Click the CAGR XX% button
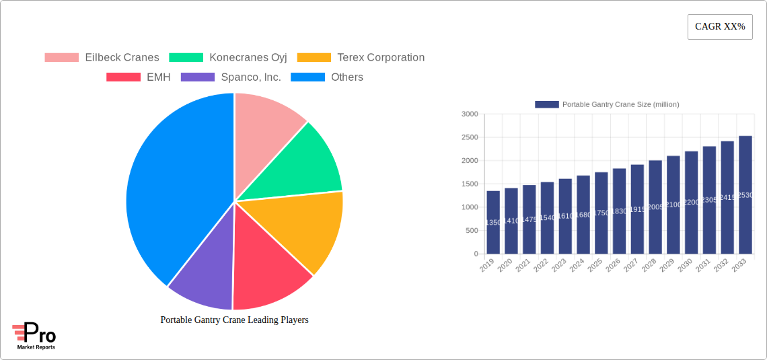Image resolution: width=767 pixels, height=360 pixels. [719, 27]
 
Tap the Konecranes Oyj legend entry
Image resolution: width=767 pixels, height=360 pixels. [228, 57]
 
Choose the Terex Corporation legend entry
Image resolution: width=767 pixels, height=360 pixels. [361, 57]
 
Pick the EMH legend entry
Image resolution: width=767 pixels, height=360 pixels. [139, 77]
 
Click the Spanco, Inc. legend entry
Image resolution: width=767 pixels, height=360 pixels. [231, 77]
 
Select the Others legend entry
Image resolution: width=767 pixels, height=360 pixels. [327, 77]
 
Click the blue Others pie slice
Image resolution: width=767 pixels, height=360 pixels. [175, 188]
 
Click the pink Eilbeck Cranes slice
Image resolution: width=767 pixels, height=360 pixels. [266, 121]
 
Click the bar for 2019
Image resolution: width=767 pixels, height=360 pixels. [493, 222]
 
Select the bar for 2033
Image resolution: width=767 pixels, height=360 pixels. [745, 195]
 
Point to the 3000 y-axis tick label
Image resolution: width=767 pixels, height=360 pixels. [470, 114]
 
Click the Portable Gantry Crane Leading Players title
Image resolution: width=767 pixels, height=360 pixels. [234, 320]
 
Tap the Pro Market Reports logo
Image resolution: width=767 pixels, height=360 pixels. [34, 336]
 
